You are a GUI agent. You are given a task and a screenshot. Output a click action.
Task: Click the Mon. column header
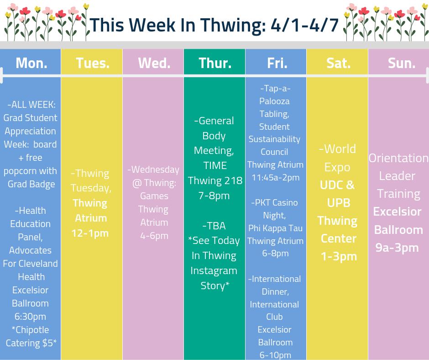[31, 63]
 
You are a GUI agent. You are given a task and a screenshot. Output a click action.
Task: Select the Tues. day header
[93, 63]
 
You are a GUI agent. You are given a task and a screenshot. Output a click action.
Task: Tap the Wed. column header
[154, 63]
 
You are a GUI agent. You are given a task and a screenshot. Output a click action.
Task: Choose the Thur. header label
[214, 63]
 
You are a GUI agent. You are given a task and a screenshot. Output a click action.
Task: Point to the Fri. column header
[277, 63]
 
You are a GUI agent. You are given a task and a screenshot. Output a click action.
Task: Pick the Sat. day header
[338, 63]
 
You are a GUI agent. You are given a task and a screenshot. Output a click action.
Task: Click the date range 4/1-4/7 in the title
[304, 26]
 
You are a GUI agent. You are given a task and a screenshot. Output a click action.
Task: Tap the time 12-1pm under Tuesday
[90, 233]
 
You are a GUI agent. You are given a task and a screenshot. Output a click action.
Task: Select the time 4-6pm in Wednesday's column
[154, 236]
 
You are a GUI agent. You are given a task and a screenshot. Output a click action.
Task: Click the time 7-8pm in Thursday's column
[214, 196]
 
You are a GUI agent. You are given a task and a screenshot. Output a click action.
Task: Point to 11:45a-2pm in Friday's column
[275, 177]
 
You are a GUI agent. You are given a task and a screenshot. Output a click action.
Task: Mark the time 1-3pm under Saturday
[338, 256]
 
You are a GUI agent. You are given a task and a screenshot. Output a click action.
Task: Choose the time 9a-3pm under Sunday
[397, 248]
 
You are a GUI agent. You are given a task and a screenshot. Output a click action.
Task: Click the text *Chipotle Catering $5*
[31, 336]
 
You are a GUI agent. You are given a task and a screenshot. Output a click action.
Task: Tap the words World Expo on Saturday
[338, 158]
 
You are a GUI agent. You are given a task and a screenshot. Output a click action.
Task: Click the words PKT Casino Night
[275, 208]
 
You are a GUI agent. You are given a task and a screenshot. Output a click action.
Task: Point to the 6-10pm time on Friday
[275, 355]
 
